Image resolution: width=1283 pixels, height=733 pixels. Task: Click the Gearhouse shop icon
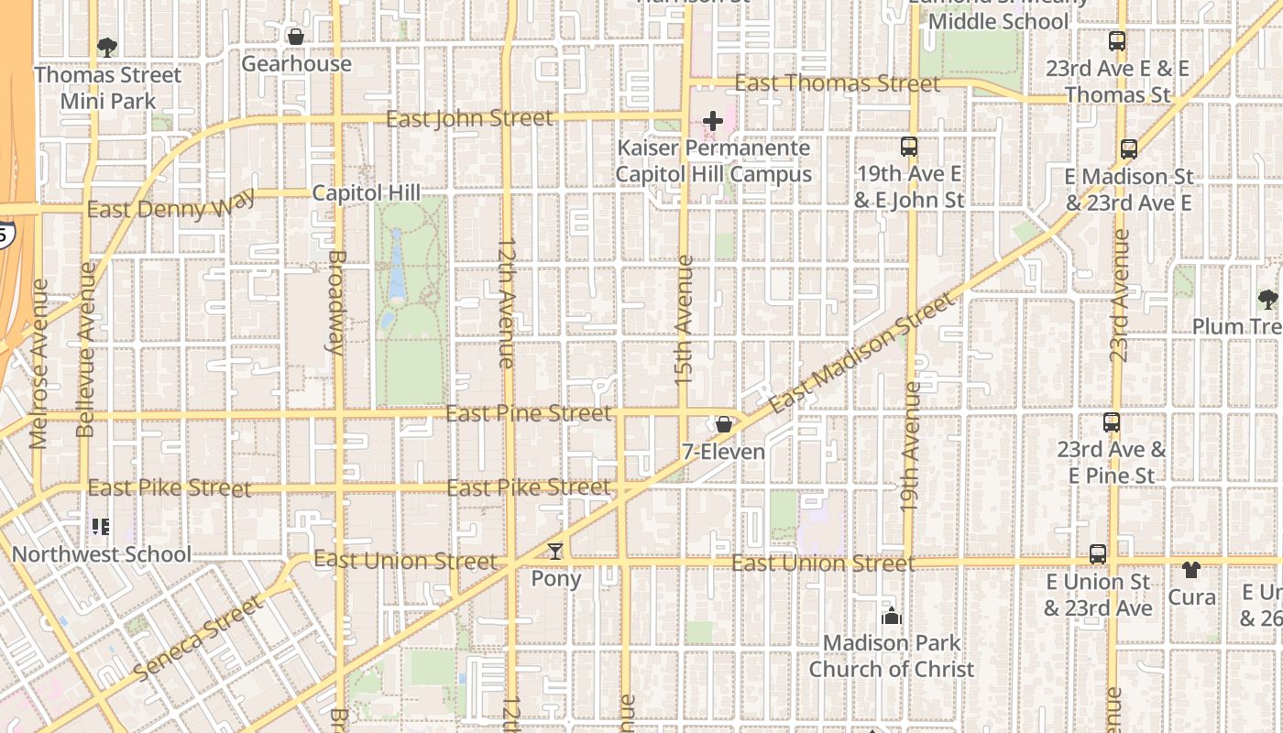[295, 37]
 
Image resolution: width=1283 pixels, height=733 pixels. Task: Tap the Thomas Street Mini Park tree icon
[107, 47]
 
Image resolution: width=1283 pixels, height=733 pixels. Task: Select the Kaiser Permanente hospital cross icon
[712, 121]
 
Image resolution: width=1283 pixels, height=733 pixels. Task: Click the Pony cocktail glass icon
[555, 552]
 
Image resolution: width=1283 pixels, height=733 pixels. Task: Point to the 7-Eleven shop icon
[724, 424]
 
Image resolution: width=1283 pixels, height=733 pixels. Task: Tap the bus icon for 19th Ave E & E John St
[908, 147]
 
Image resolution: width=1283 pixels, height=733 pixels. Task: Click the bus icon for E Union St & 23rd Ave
[1098, 554]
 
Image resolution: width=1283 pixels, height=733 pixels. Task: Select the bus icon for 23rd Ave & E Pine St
[1111, 422]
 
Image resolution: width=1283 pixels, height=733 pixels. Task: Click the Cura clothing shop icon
[1190, 570]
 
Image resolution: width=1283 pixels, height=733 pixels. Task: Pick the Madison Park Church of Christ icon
[891, 617]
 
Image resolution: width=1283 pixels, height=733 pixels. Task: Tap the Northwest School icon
[101, 527]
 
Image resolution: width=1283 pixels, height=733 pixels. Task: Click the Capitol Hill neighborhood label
[366, 193]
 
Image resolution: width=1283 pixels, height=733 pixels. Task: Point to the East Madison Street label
[861, 353]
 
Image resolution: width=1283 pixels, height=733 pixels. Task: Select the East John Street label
[469, 119]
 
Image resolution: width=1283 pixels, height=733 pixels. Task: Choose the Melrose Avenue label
[38, 364]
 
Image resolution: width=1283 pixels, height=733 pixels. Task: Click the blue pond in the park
[397, 266]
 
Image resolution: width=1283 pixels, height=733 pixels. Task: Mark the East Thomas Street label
[837, 84]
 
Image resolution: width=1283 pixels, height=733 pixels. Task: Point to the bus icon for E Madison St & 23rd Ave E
[1129, 149]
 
